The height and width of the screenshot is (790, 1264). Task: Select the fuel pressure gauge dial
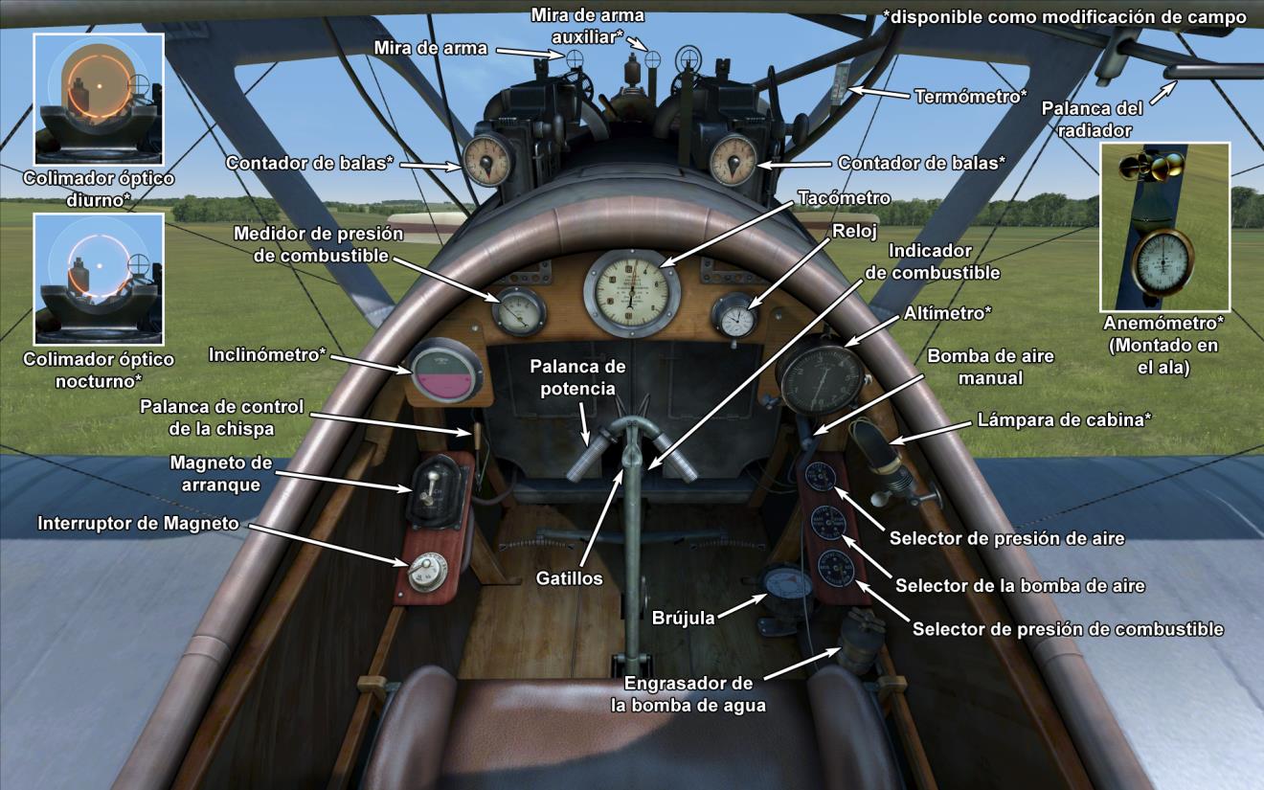pos(518,310)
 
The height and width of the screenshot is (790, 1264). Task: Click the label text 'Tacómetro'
pos(844,198)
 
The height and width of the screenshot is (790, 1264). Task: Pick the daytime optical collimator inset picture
pos(99,100)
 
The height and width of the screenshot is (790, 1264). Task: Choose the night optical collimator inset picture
pos(99,279)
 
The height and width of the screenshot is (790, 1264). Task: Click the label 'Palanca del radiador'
pos(1087,121)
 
